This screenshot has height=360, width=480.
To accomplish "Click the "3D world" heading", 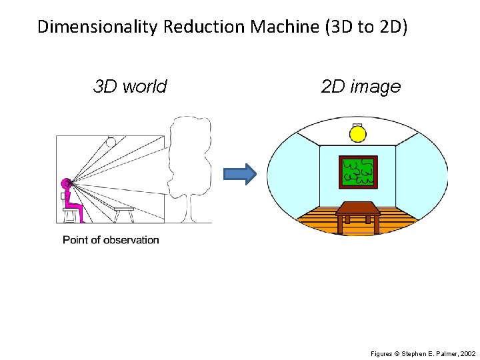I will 130,87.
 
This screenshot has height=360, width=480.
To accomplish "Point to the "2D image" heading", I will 361,87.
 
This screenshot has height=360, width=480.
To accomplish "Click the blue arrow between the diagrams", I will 239,174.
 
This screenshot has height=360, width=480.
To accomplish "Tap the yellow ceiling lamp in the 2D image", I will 358,134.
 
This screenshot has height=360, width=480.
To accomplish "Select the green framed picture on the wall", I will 358,172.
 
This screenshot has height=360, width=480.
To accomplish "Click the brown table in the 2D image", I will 358,212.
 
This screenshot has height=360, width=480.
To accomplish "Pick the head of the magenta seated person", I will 67,182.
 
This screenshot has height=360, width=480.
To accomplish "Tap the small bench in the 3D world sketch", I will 123,213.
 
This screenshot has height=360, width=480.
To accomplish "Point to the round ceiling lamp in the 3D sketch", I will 111,141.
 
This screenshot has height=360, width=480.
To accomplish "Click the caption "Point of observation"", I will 111,240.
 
